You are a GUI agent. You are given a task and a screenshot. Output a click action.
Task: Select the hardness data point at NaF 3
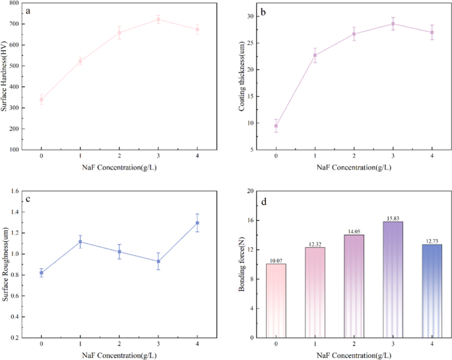(x=158, y=19)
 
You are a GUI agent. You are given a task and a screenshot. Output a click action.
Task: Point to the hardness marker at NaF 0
(x=42, y=100)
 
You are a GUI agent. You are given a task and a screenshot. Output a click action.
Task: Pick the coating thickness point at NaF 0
(x=276, y=125)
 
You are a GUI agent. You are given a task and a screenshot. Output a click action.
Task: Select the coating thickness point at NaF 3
(x=393, y=24)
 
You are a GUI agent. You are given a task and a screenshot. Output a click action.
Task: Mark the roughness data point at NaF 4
(x=197, y=223)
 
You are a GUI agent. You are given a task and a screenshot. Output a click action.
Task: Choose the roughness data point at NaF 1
(x=81, y=242)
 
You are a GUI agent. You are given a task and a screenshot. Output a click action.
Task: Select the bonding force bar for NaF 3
(x=393, y=280)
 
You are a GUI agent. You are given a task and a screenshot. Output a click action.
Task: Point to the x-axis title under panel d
(x=354, y=355)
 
